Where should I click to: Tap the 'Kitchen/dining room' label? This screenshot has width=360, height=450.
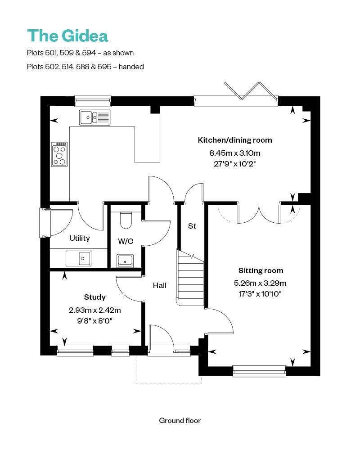click(235, 140)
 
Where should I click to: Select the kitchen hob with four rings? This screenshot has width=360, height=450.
click(60, 154)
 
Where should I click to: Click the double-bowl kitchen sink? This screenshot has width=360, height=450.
click(94, 117)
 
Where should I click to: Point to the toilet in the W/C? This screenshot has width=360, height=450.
click(126, 220)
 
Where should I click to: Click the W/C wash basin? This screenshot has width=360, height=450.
click(125, 260)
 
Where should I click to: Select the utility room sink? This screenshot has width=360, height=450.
click(78, 258)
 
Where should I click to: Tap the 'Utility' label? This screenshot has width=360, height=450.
click(79, 238)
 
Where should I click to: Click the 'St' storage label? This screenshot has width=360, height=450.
click(192, 226)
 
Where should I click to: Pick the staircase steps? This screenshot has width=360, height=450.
click(190, 279)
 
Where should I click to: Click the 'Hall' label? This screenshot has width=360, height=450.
click(159, 285)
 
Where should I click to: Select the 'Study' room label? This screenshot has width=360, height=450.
click(95, 297)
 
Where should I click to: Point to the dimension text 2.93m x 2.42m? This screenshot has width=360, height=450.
click(95, 310)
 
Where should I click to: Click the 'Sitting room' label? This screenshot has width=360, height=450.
click(261, 270)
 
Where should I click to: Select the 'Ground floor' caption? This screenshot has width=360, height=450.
click(180, 420)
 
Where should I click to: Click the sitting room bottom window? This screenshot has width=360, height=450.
click(259, 371)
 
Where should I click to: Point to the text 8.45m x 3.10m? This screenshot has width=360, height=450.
click(235, 153)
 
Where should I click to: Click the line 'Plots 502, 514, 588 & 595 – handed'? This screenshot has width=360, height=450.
click(85, 67)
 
